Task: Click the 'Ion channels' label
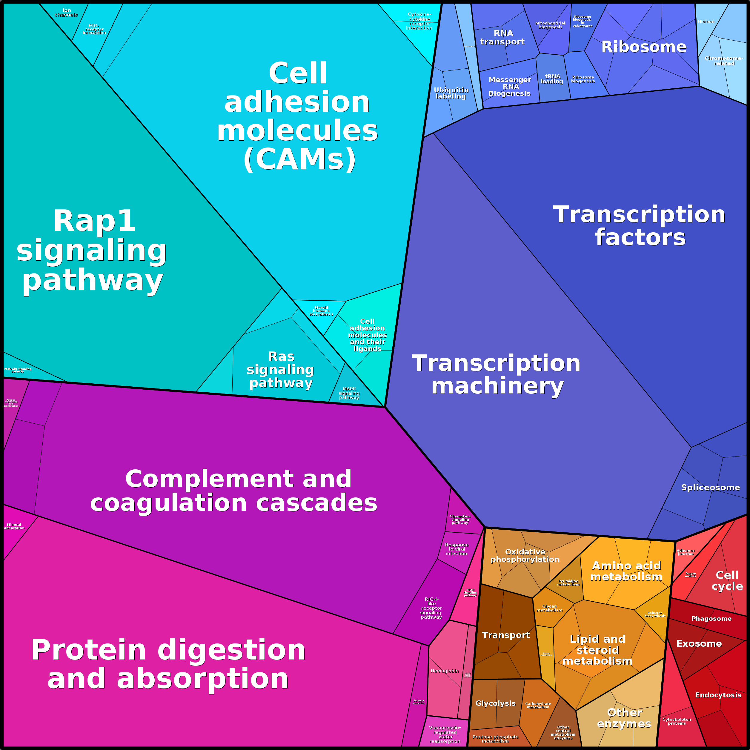pyautogui.click(x=66, y=13)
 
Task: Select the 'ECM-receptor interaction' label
pyautogui.click(x=94, y=29)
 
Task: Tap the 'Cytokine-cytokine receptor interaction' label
pyautogui.click(x=419, y=21)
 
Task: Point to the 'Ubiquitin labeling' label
pyautogui.click(x=451, y=93)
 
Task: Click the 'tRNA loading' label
pyautogui.click(x=552, y=79)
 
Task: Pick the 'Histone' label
pyautogui.click(x=706, y=22)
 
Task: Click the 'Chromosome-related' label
pyautogui.click(x=724, y=61)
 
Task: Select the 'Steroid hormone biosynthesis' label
pyautogui.click(x=322, y=311)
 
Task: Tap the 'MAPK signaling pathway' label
pyautogui.click(x=349, y=393)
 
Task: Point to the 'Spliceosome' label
pyautogui.click(x=710, y=488)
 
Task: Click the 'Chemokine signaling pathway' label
pyautogui.click(x=460, y=520)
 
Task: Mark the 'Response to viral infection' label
pyautogui.click(x=457, y=549)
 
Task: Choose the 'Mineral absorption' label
pyautogui.click(x=14, y=526)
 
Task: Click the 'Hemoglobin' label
pyautogui.click(x=445, y=671)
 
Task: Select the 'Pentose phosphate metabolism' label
pyautogui.click(x=495, y=739)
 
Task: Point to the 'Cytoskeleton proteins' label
pyautogui.click(x=677, y=721)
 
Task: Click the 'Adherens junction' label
pyautogui.click(x=686, y=552)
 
